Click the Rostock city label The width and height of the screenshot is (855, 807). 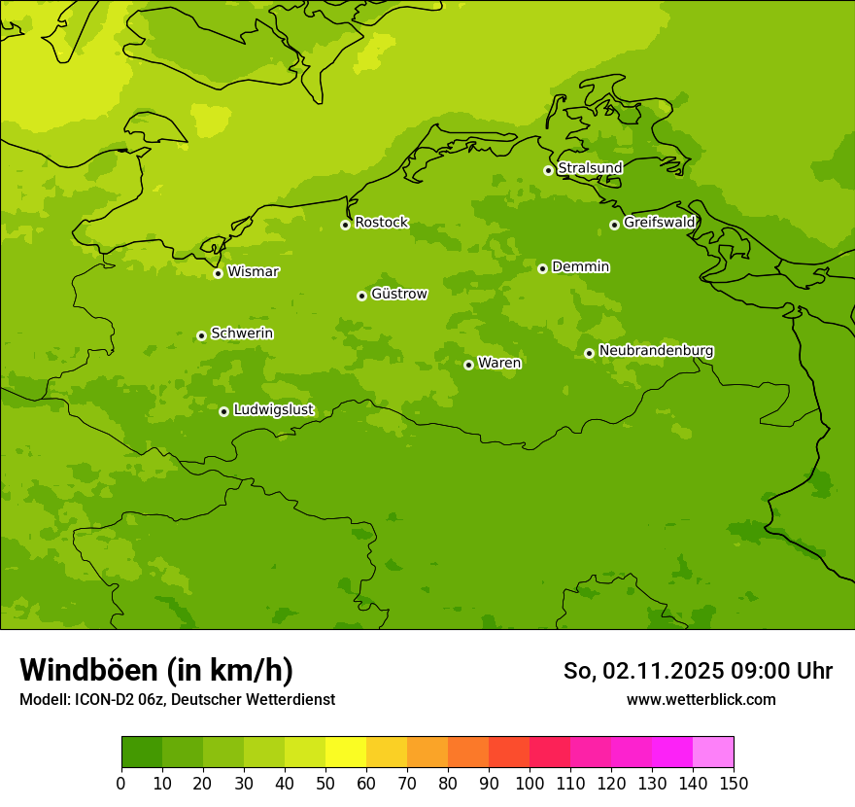(381, 223)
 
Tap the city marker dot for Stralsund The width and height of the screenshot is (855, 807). (548, 170)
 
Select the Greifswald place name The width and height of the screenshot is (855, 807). (659, 223)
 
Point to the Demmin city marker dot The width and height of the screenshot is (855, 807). (542, 268)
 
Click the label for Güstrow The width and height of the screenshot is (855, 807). (398, 294)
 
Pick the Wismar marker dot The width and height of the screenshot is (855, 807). (218, 273)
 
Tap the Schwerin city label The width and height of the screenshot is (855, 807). (242, 333)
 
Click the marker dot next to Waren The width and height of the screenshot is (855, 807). (468, 365)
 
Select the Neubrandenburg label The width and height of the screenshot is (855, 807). (656, 350)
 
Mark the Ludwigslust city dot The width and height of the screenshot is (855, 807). (223, 411)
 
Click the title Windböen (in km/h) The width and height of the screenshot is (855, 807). (156, 670)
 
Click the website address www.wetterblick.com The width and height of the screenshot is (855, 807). (701, 699)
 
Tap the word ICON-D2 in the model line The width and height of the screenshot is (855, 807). (106, 699)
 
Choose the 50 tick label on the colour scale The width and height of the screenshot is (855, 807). (325, 784)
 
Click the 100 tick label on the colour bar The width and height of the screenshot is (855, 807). (530, 784)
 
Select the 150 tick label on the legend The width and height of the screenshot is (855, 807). (734, 784)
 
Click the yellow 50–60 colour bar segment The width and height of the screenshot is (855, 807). (346, 753)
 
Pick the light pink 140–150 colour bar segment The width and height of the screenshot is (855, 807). (713, 753)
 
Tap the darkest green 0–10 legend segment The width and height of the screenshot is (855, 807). (142, 753)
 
